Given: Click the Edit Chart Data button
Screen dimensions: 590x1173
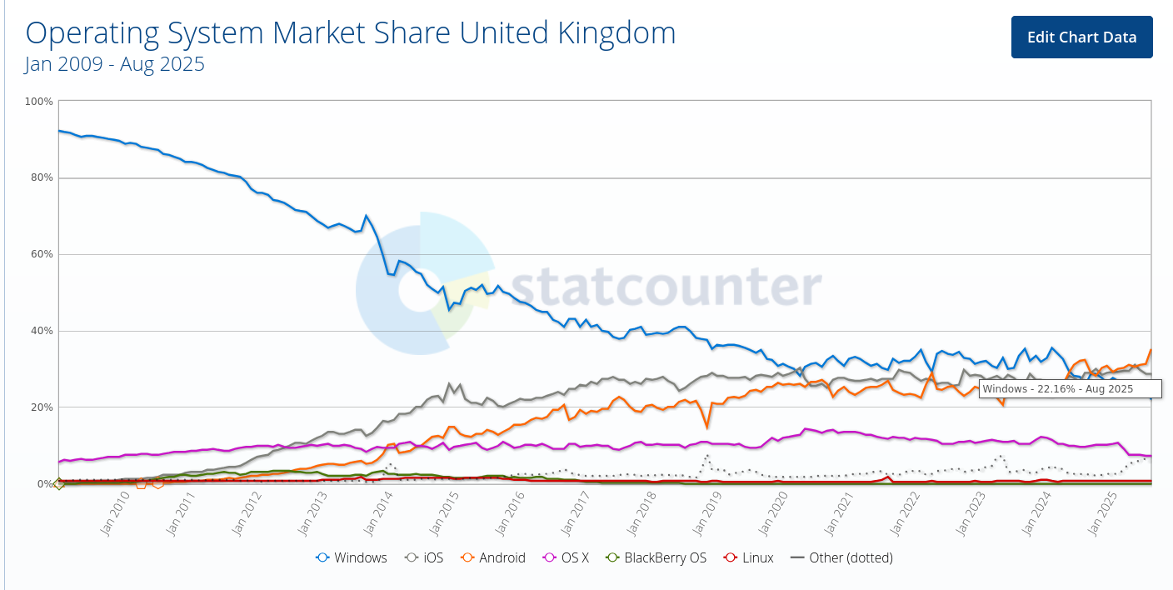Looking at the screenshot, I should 1081,37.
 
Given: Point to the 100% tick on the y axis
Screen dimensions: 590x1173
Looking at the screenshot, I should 39,102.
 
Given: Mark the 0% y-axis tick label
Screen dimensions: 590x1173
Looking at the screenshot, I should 43,484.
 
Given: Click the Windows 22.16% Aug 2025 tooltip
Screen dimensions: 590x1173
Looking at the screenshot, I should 1057,388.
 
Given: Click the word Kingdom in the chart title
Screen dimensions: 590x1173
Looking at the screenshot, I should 611,32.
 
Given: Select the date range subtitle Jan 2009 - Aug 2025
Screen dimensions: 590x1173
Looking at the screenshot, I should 114,64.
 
